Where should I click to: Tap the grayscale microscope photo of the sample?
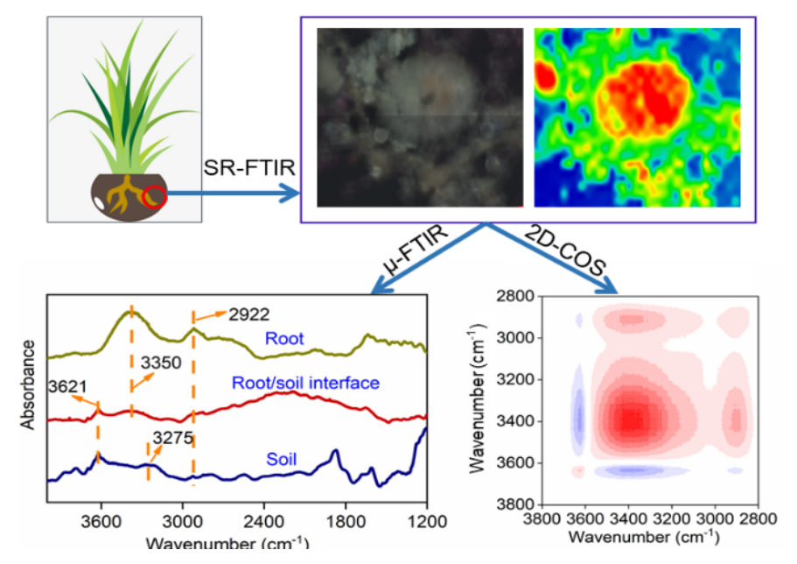pyautogui.click(x=419, y=117)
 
